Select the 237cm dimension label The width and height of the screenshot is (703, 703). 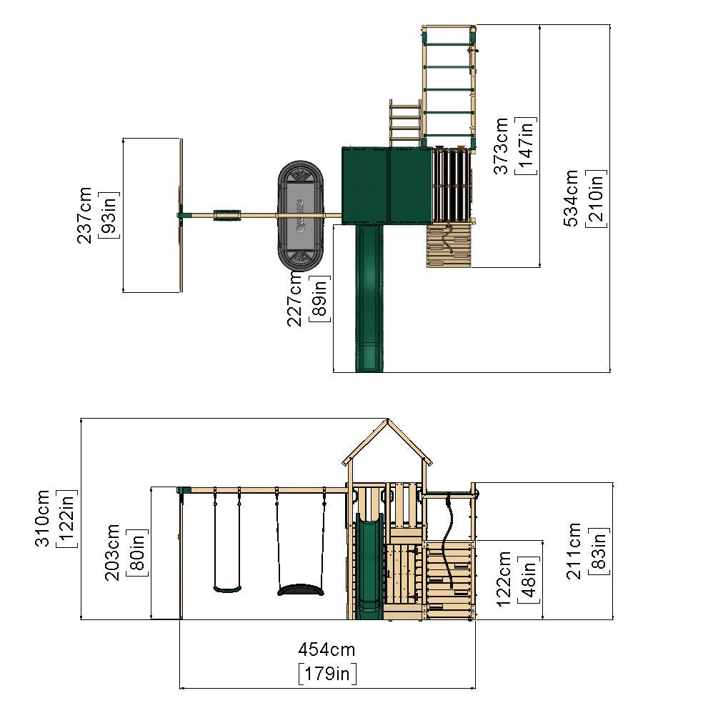85,215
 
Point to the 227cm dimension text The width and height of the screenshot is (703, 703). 295,302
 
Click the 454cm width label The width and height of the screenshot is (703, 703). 326,649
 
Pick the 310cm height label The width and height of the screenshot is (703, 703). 44,518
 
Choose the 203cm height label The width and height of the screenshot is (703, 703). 113,553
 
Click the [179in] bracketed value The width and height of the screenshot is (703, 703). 326,673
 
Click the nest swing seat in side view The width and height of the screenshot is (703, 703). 300,590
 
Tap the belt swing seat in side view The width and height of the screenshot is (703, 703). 227,589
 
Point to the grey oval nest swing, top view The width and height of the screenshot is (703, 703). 301,215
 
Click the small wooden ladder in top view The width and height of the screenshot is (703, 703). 404,123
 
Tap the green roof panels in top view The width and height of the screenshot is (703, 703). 387,184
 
